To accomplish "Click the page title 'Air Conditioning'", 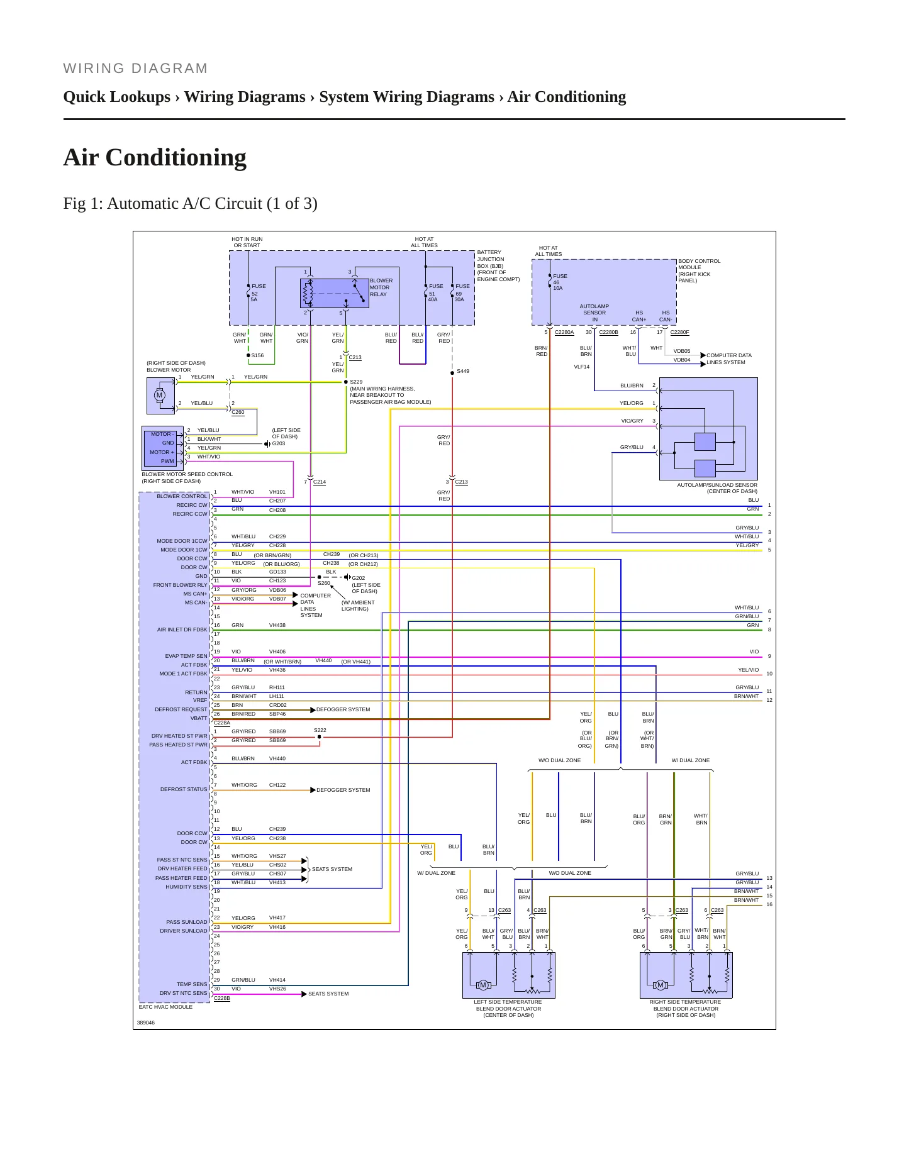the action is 155,157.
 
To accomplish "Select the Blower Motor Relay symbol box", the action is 335,293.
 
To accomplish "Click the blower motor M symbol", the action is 160,396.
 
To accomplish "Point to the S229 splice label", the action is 356,382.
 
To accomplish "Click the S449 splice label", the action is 462,371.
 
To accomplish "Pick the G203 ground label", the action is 278,443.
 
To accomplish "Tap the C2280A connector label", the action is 564,332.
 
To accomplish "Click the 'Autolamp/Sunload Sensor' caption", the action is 717,488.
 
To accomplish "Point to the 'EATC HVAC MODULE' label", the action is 166,1007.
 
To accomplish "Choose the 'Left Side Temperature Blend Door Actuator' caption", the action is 508,1008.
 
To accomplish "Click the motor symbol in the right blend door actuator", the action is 661,985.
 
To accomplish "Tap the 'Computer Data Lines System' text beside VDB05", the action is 729,358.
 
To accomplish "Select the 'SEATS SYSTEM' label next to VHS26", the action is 328,994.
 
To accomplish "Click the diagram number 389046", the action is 146,1023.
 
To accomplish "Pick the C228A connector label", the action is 222,723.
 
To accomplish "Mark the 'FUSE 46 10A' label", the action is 560,282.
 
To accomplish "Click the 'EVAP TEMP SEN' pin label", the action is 186,656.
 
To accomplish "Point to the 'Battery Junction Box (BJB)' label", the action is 498,265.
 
